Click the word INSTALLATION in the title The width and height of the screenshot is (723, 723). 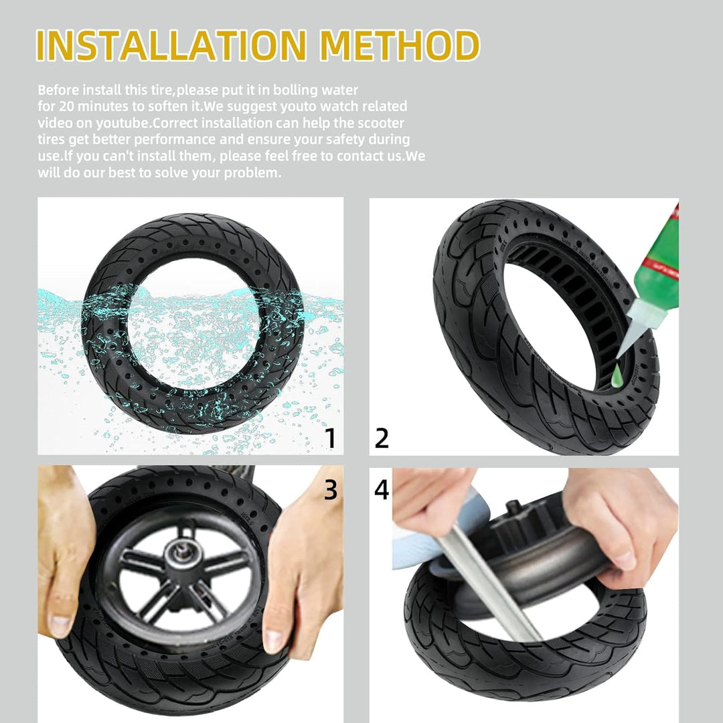pos(171,46)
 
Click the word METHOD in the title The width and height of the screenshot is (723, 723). pos(400,46)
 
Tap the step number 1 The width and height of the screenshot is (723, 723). pos(330,438)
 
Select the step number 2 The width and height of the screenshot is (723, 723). pos(382,438)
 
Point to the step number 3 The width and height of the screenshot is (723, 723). pos(331,489)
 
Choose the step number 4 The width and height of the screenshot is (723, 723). pos(382,489)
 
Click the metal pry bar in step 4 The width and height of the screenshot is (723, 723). pos(491,583)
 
